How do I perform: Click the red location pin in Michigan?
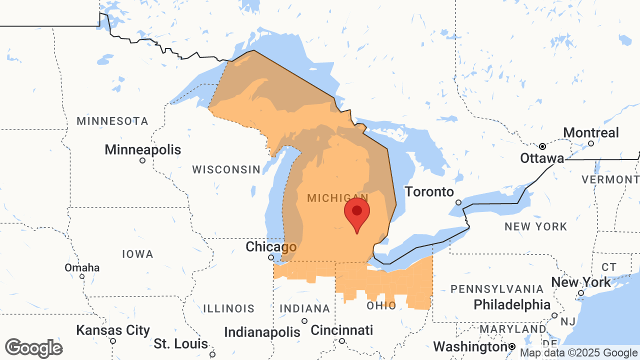(x=356, y=212)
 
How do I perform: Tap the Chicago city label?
(x=271, y=247)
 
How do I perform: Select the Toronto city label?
(x=429, y=192)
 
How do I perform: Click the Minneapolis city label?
(x=142, y=150)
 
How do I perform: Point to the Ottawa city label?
(x=542, y=158)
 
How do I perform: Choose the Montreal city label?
(x=590, y=133)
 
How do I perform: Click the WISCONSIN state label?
(x=226, y=170)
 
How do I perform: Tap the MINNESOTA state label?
(x=112, y=121)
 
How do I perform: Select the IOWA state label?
(x=137, y=254)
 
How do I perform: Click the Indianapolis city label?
(x=262, y=332)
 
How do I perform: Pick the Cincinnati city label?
(x=341, y=330)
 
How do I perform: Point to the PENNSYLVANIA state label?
(x=497, y=289)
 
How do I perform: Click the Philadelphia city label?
(x=511, y=304)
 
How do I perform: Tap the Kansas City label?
(x=113, y=330)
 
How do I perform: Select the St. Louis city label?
(x=181, y=344)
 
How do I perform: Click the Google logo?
(x=33, y=348)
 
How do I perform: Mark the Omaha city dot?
(x=82, y=276)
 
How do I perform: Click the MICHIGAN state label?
(x=337, y=198)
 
